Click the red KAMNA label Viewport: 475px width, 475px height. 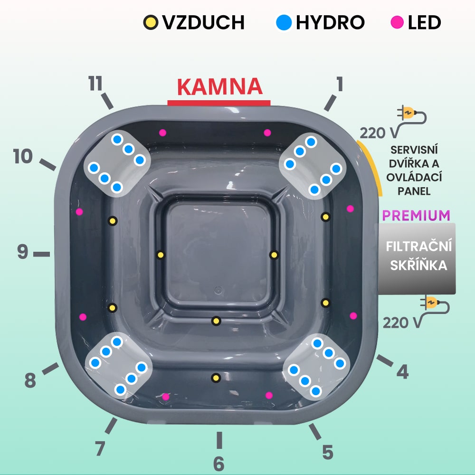219,86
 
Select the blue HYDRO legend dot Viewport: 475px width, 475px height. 284,22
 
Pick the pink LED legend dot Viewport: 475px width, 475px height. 398,22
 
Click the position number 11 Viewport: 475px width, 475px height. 96,84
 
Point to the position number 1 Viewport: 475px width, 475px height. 339,85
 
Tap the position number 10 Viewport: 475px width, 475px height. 23,156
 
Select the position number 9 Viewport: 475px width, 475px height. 23,252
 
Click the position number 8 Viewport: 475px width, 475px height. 30,380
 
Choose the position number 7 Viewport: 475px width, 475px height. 100,448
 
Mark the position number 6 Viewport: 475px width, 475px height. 218,464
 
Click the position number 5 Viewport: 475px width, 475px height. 328,452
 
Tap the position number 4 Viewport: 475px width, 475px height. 402,372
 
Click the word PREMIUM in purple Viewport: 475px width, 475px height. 416,215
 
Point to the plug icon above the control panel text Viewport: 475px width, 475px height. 409,113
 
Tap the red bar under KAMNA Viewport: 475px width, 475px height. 219,103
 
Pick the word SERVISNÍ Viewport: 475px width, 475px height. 414,150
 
